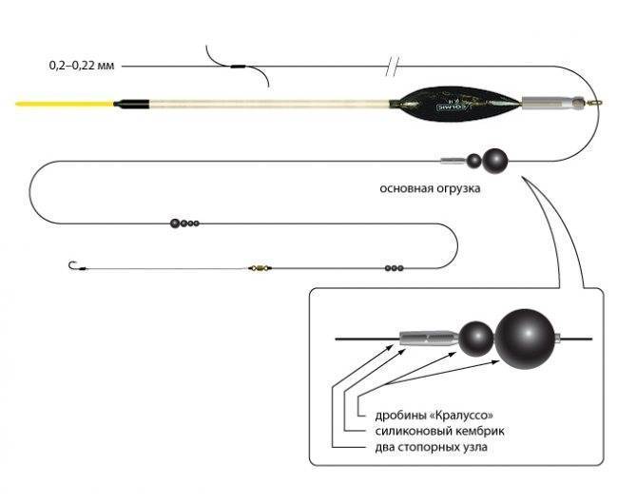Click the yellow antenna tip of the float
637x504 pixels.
coord(65,104)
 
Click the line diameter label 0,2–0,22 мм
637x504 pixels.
coord(82,66)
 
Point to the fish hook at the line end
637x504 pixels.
coord(73,266)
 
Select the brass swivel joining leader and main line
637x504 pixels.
coord(261,268)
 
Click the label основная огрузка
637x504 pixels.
coord(430,188)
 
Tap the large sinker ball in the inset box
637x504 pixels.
coord(525,339)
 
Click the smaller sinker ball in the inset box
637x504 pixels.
coord(476,339)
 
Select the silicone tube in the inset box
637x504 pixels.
coord(430,339)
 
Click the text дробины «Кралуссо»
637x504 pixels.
coord(434,416)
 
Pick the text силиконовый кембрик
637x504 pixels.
coord(439,431)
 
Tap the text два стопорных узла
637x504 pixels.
coord(431,447)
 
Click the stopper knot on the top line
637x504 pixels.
coord(238,67)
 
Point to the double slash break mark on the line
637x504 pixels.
coord(393,67)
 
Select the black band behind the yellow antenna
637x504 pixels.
coord(131,104)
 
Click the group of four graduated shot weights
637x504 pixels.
coord(184,223)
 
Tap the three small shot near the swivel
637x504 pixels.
coord(394,268)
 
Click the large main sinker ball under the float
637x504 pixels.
coord(494,161)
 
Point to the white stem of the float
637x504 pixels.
coord(269,104)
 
